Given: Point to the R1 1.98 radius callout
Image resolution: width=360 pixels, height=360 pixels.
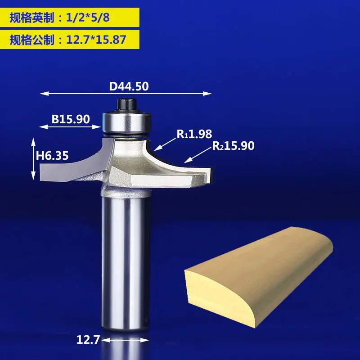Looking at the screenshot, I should [194, 134].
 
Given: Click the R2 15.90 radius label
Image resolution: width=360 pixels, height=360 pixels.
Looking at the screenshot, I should [234, 146].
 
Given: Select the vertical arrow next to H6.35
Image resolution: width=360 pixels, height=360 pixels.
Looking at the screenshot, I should [33, 159].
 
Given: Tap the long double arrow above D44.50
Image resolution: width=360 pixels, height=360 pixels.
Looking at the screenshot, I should [126, 94].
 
